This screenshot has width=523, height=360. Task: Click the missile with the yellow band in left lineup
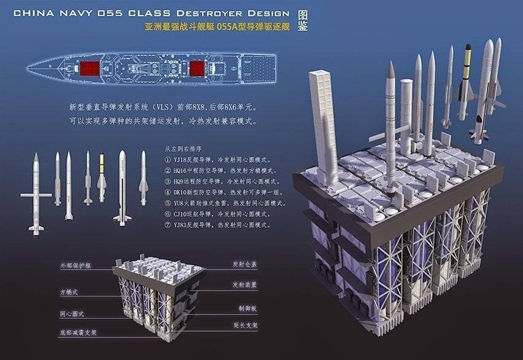pyautogui.click(x=102, y=178)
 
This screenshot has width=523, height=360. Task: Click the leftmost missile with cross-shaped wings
pyautogui.click(x=36, y=194)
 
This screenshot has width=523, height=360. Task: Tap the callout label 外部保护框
pyautogui.click(x=74, y=266)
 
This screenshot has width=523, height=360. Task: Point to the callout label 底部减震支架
pyautogui.click(x=77, y=332)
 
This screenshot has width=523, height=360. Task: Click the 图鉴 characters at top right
pyautogui.click(x=303, y=20)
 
